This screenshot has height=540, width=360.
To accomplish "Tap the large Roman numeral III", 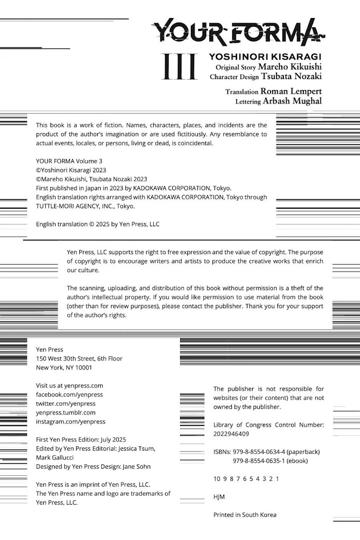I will pos(179,67).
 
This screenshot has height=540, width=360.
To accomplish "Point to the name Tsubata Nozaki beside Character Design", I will pos(291,77).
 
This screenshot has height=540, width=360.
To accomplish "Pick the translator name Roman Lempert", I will pos(291,91).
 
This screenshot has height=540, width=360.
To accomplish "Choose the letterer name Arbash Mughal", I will pos(292,101).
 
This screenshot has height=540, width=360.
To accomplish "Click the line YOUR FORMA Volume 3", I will pos(69,161).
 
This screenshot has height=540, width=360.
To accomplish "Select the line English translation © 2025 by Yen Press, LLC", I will pos(98,224).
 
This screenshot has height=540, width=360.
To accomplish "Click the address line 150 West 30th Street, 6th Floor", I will pos(79,358).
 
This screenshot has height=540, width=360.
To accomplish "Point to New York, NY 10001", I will pos(64,368).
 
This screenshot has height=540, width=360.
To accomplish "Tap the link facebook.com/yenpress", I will pos(69,394).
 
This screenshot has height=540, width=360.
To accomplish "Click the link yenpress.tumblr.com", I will pos(66,412).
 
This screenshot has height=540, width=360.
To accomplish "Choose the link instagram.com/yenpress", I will pos(70,422).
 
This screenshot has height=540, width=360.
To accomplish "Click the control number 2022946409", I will pos(231,434).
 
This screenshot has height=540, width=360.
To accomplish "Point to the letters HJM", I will pos(219,497).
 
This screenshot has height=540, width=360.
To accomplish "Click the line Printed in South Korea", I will pos(245,515).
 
